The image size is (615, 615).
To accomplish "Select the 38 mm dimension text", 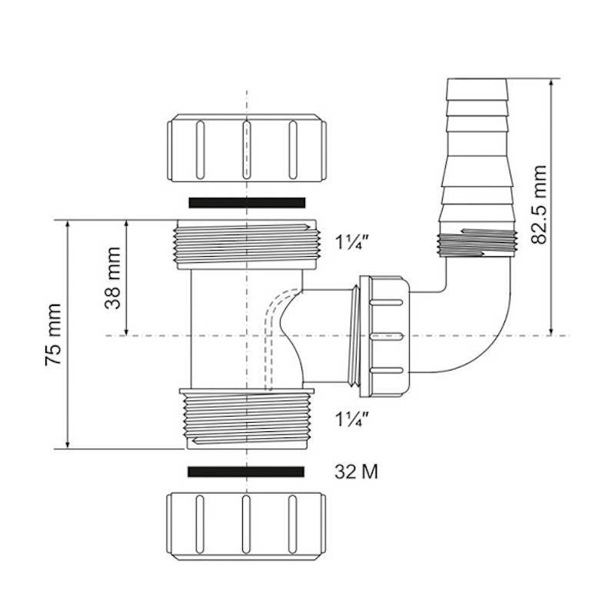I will tap(113, 278).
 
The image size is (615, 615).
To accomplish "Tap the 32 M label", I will tap(356, 470).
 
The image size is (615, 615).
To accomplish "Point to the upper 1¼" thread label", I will tap(354, 243).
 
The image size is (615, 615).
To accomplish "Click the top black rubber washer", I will tap(247, 202).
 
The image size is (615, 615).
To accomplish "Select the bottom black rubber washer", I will tap(246, 470).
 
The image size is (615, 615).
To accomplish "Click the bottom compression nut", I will tap(246, 524).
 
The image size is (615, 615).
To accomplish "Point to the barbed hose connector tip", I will tap(477, 88).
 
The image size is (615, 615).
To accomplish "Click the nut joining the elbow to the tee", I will tap(388, 337).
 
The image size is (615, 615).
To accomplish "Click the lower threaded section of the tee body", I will tap(246, 419).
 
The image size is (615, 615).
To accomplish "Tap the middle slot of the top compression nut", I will tap(246, 146).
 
